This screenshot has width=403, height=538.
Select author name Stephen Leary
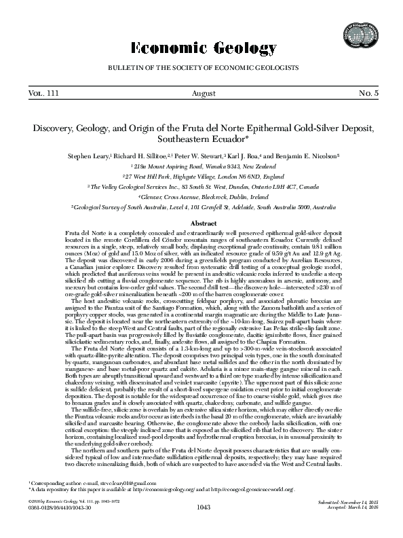coord(90,156)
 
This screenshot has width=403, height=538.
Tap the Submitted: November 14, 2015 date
coord(347,520)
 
